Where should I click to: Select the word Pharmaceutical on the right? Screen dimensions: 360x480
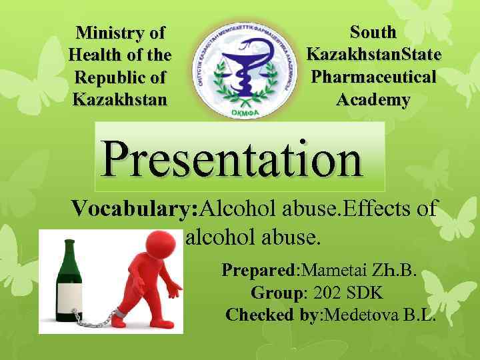[x=374, y=77]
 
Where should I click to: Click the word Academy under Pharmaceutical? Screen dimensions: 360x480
[x=373, y=99]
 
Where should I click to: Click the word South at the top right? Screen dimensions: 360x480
[x=373, y=31]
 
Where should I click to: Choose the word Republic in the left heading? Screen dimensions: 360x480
[x=120, y=77]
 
